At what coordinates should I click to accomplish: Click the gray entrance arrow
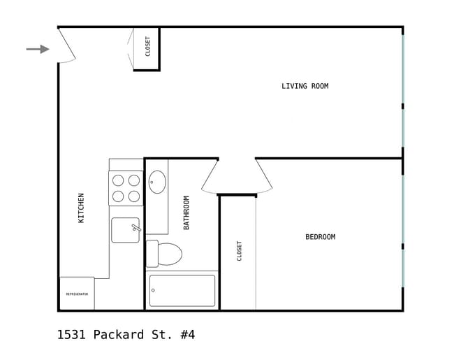click(38, 49)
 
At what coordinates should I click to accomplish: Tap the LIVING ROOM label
click(305, 87)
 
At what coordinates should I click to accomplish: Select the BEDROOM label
click(320, 237)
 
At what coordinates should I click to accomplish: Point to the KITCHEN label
click(81, 208)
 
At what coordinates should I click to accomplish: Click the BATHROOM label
click(186, 213)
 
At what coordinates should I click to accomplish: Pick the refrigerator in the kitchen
click(77, 294)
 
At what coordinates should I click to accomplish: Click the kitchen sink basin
click(125, 230)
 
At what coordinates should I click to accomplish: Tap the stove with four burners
click(126, 188)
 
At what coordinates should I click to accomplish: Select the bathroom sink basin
click(157, 182)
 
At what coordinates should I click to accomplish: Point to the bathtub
click(182, 290)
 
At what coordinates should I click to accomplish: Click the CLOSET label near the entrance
click(148, 46)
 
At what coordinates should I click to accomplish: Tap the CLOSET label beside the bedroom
click(240, 251)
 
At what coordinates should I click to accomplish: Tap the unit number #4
click(187, 335)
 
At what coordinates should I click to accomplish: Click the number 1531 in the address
click(72, 335)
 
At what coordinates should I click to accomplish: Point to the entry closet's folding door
click(130, 48)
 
